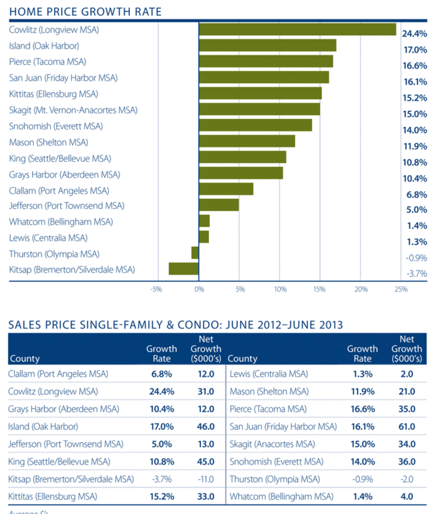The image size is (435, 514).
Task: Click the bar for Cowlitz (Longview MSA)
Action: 297,29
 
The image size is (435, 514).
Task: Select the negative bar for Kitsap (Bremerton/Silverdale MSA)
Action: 183,268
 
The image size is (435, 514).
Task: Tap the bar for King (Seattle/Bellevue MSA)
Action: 242,157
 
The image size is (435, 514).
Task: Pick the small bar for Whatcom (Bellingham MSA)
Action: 204,220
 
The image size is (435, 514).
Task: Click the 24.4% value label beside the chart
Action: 414,34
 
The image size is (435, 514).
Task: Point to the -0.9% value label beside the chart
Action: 416,258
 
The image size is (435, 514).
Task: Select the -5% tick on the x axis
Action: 158,289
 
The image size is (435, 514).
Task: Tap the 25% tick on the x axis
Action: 400,289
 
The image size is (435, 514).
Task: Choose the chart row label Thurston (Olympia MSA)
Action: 53,254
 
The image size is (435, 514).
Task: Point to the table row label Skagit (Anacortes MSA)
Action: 273,444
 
